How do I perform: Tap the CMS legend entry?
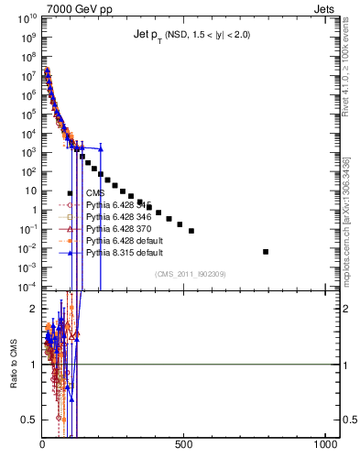coord(95,193)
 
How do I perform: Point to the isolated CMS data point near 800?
coord(266,251)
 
